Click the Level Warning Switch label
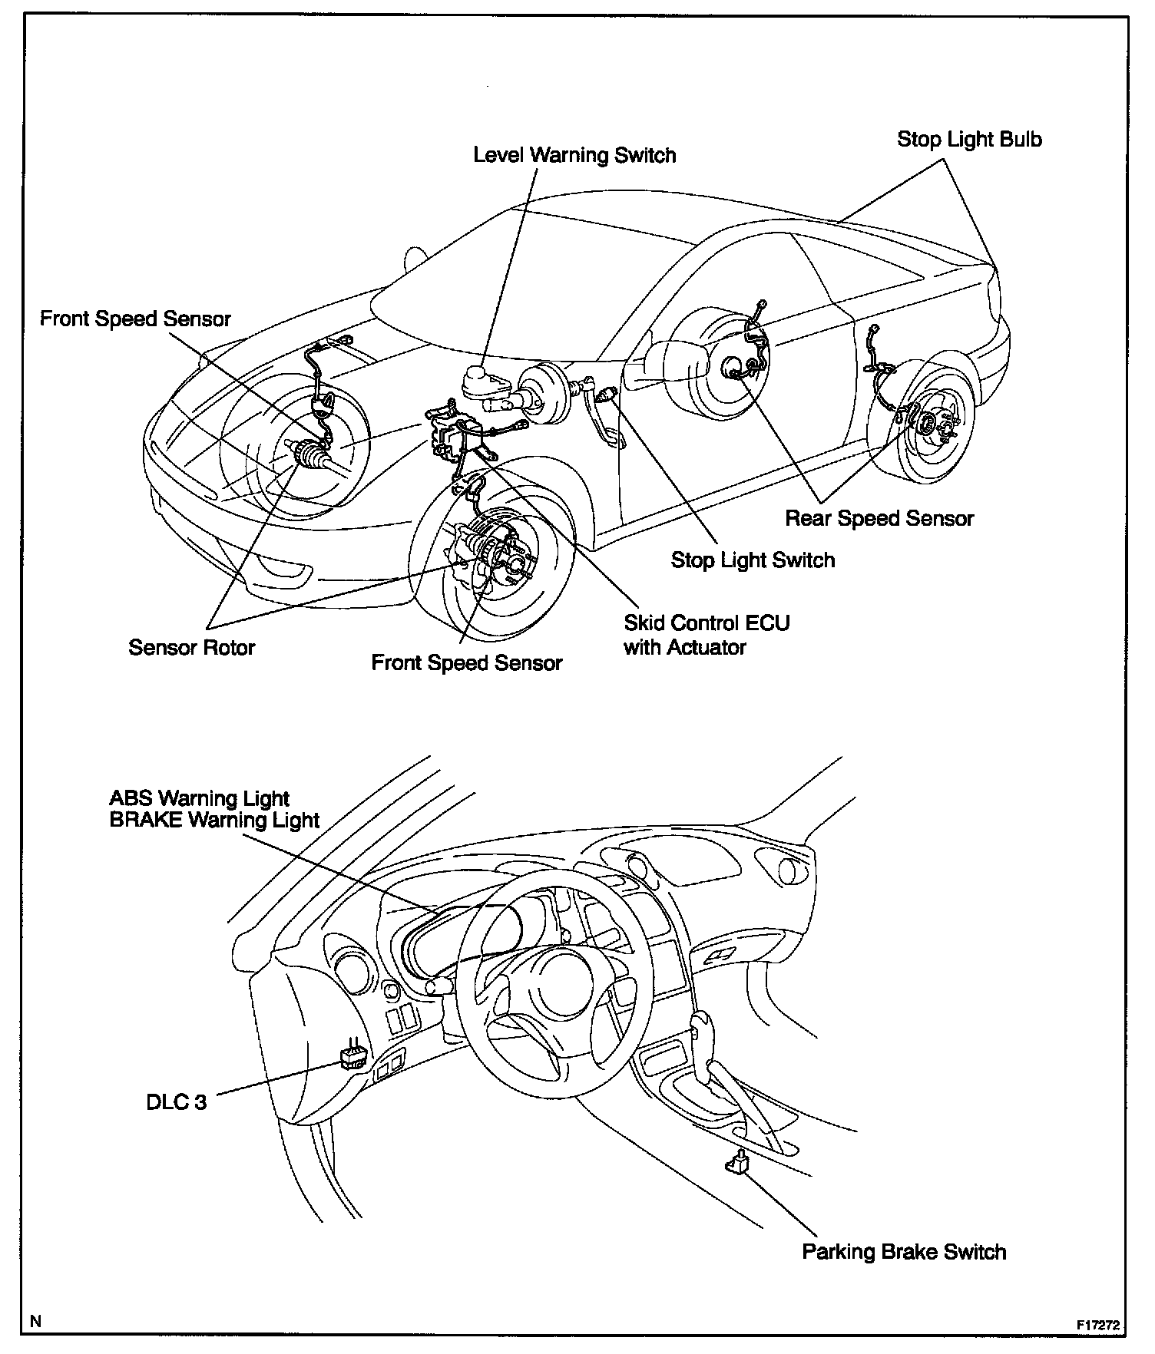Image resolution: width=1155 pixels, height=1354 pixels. coord(574,155)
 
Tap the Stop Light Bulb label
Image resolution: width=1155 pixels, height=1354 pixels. coord(969,140)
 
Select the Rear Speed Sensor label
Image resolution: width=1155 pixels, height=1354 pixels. coord(879,519)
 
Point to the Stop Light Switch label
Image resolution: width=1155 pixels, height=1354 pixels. coord(753,560)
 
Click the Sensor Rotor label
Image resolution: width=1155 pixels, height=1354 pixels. coord(191,648)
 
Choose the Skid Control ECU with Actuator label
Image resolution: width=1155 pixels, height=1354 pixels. coord(707,635)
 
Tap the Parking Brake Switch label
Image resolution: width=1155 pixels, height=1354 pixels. coord(904,1252)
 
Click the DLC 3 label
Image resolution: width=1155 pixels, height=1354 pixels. coord(177,1102)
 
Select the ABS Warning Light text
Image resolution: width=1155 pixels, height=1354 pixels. coord(200,798)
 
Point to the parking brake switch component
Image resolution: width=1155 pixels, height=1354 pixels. coord(736,1164)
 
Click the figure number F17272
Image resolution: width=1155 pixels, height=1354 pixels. coord(1098,1326)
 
